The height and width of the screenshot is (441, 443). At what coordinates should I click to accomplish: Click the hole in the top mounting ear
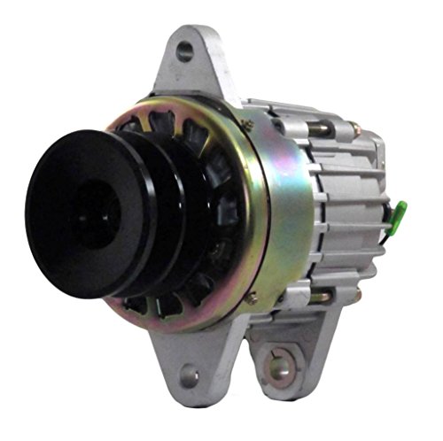pyautogui.click(x=184, y=52)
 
